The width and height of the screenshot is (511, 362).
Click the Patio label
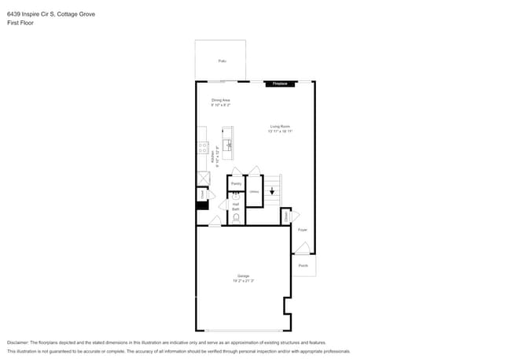point(221,60)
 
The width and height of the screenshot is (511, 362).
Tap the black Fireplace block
point(280,83)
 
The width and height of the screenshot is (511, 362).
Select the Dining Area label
point(221,100)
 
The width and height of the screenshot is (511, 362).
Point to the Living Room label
point(281,126)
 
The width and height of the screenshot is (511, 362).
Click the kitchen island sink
point(228,145)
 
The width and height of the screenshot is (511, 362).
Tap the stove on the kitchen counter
point(202,146)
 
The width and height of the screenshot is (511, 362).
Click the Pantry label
point(236,183)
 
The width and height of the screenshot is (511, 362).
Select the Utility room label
point(254,192)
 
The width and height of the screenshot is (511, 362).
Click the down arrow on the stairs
point(272,190)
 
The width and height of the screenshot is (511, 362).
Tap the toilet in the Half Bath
point(236,218)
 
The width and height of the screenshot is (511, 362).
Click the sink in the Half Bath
point(234,197)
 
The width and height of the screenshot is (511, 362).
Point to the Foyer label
point(302,230)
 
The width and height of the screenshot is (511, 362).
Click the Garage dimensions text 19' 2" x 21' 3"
point(243,280)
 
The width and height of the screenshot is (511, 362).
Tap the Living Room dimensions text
point(281,131)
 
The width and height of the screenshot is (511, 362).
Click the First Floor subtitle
point(20,23)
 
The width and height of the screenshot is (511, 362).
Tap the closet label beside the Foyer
point(285,215)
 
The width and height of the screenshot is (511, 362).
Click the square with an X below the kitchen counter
point(202,179)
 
